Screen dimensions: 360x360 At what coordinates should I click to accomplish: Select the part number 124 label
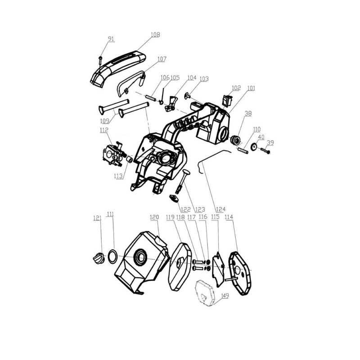221,210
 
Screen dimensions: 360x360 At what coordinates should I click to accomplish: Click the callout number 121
97,218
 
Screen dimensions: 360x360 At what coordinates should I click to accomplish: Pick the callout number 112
104,130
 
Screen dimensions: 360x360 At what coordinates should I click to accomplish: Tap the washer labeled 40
255,146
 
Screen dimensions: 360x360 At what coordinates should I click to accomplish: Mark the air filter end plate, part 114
241,273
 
